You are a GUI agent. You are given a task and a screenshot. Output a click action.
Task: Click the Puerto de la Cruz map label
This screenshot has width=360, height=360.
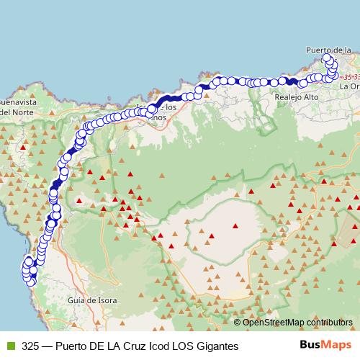[328, 50]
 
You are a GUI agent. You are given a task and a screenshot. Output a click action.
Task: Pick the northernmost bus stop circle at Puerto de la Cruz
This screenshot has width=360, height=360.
[328, 57]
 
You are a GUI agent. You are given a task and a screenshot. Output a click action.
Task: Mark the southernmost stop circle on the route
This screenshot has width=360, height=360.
[31, 282]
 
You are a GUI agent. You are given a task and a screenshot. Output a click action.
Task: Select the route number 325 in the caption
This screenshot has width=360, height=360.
[30, 345]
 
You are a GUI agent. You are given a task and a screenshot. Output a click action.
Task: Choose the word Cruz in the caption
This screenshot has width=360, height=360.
[129, 345]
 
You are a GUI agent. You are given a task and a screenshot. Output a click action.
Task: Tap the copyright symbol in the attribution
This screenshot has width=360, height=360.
[238, 322]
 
